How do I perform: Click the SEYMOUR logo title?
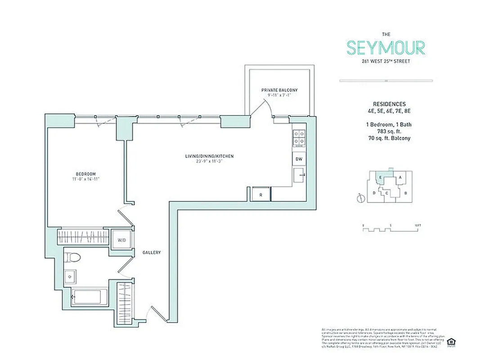click(386, 47)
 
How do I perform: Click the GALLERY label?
click(152, 253)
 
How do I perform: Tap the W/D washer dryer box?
click(121, 240)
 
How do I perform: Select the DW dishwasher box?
click(299, 159)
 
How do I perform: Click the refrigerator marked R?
click(260, 194)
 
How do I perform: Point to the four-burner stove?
click(299, 139)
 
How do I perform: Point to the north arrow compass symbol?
click(359, 198)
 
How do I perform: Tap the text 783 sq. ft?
click(389, 131)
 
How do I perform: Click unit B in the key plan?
click(405, 193)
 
